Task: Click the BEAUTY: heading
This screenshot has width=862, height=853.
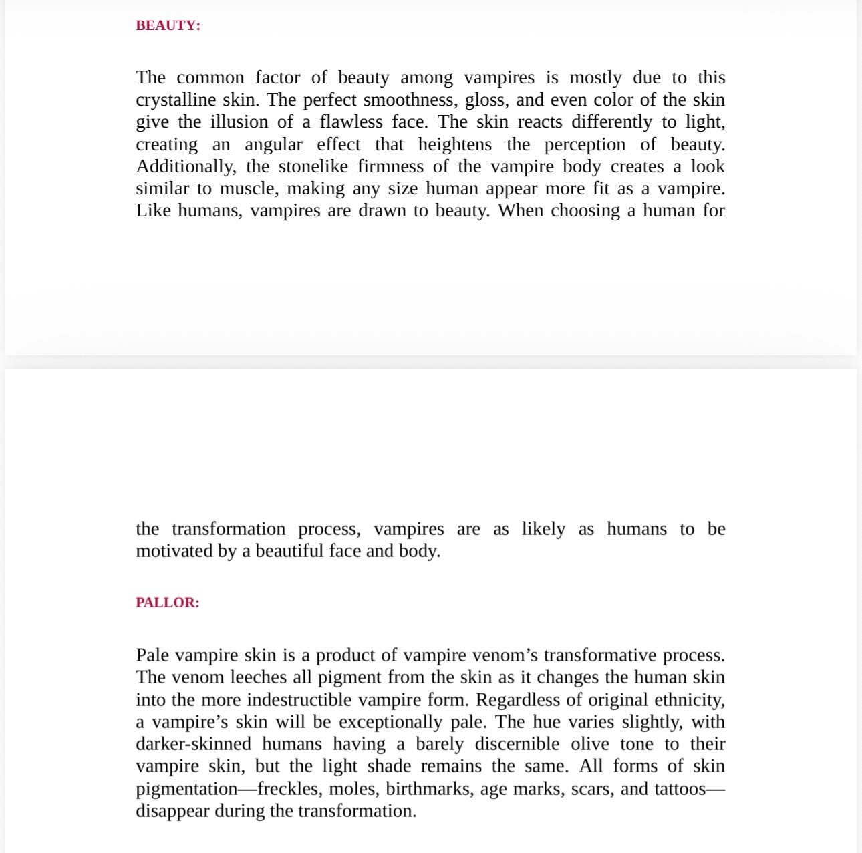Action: coord(168,25)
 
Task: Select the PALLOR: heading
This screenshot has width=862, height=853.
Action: coord(167,602)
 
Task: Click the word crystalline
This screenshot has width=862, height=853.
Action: coord(174,100)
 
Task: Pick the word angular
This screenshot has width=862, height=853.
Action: coord(273,144)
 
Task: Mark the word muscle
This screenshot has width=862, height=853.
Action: coord(247,188)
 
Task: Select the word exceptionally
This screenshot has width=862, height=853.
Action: coord(397,722)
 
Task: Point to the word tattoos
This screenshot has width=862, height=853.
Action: coord(679,789)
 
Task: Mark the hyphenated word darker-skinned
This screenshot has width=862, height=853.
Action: coord(193,744)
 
